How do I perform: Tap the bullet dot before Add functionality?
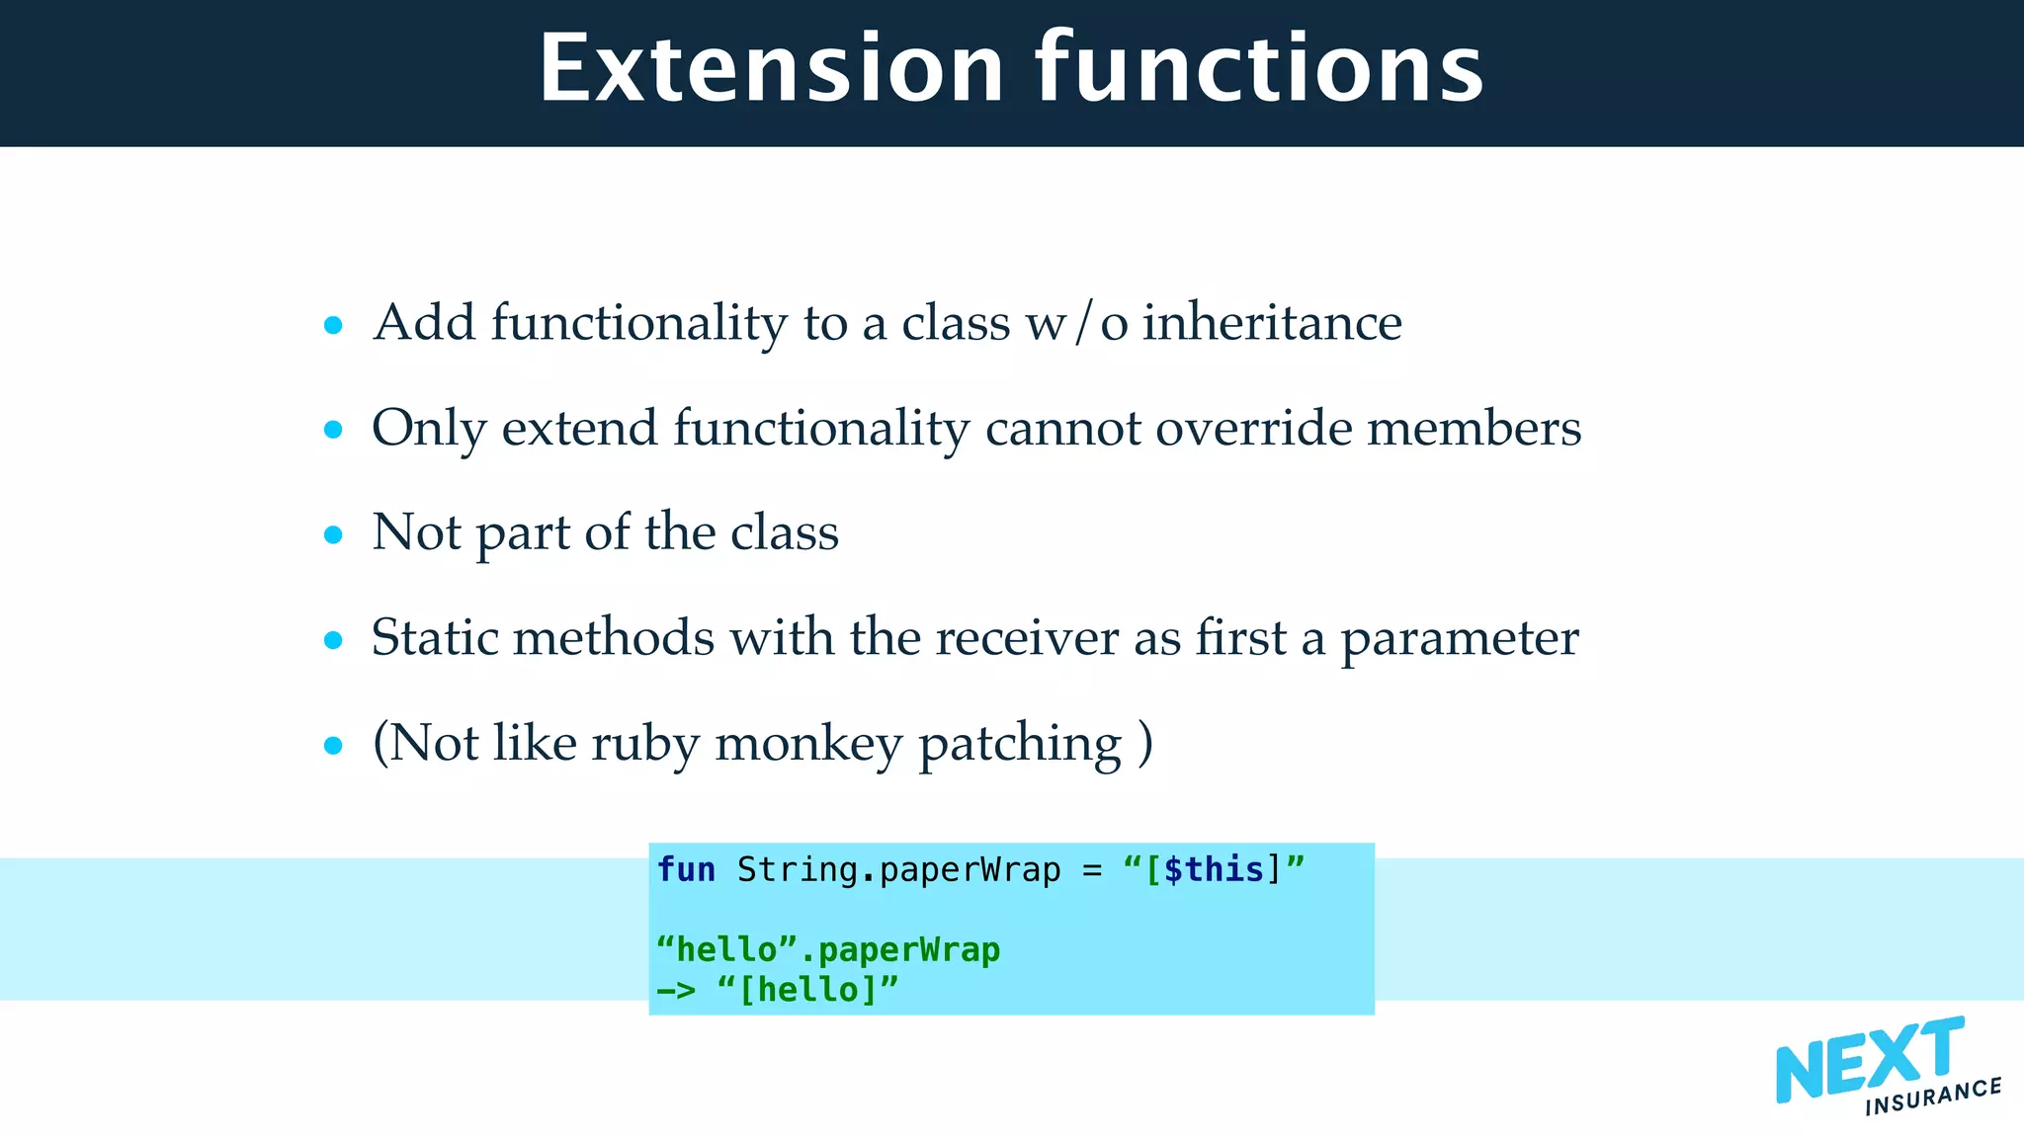333,325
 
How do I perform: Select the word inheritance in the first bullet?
1272,323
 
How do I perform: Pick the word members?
1474,428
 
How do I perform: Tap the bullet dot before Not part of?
333,535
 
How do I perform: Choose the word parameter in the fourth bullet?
1459,639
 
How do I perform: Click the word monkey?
807,743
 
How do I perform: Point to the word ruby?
645,743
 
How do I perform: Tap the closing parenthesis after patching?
1144,743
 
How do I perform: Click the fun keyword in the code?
686,869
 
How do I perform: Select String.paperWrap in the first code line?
898,869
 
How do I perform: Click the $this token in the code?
1215,869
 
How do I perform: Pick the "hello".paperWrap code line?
828,949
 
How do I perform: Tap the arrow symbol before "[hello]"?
677,989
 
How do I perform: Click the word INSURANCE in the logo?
1932,1096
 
